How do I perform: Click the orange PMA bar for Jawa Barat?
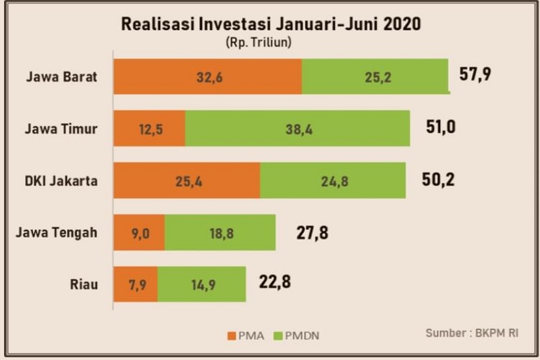(207, 76)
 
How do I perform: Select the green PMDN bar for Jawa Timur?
(297, 128)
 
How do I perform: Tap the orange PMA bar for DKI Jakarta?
(186, 180)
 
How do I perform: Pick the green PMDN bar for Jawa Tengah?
(220, 232)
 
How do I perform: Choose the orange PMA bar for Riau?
(135, 284)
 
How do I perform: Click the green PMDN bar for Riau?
(201, 284)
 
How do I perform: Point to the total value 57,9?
(475, 74)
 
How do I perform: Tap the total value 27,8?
(312, 233)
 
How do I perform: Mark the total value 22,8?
(275, 282)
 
